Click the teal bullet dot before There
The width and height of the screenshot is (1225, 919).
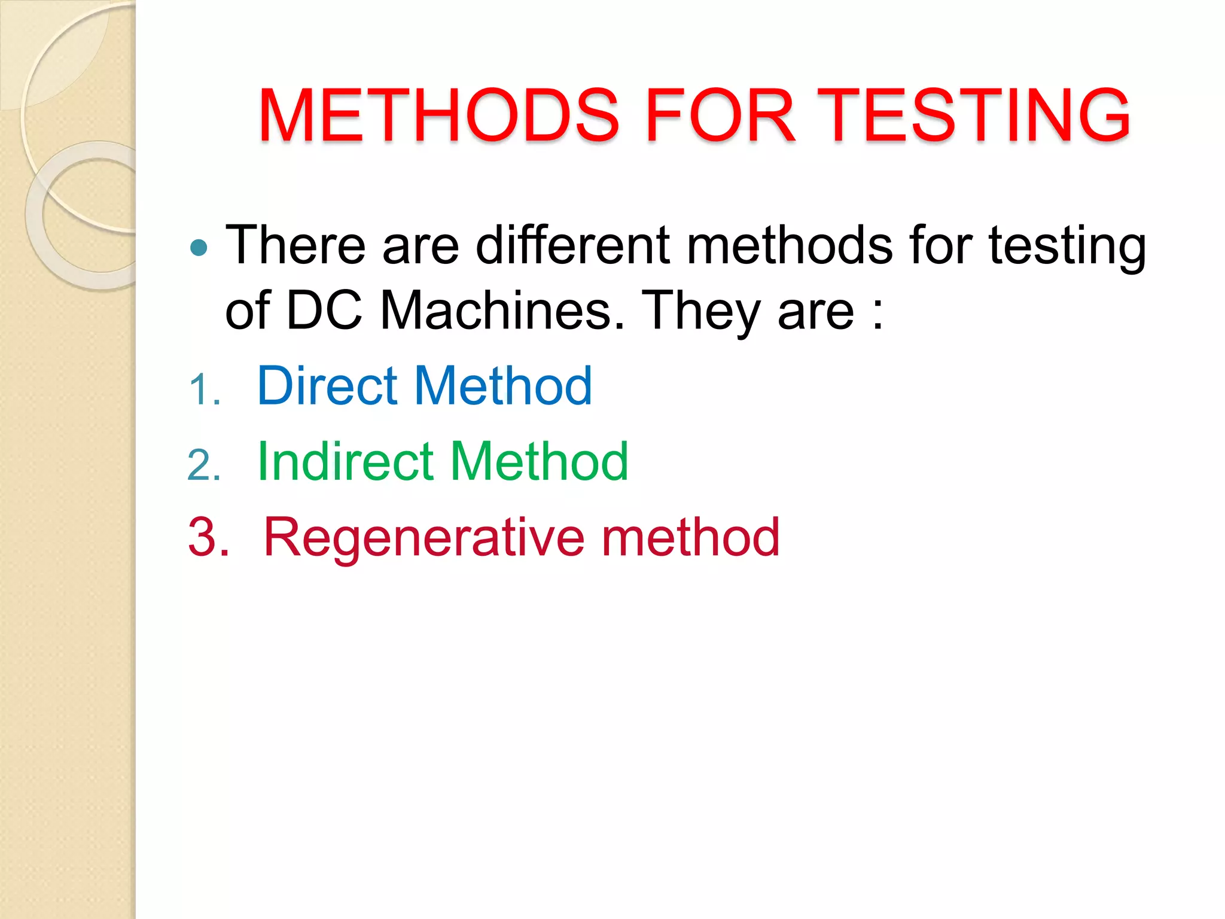coord(199,248)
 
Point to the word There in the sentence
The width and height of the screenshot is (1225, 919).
coord(295,245)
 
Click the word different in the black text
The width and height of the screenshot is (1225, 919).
coord(573,245)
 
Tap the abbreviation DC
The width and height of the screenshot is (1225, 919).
coord(324,311)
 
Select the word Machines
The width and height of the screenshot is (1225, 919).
coord(502,311)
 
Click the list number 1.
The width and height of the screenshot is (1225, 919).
coord(202,390)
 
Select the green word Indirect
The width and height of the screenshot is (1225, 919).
coord(345,461)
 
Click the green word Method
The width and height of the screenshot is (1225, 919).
coord(539,461)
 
